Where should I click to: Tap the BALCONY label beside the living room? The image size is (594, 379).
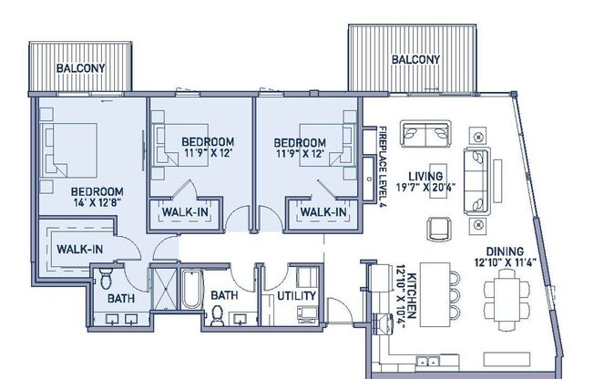415,60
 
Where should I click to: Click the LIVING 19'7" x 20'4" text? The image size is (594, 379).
425,182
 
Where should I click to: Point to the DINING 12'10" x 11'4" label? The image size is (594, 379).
504,258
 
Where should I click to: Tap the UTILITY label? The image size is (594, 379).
297,296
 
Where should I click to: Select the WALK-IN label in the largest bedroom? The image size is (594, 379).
77,248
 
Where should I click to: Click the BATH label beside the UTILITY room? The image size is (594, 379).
224,296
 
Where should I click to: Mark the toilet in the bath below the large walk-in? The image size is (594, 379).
106,276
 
